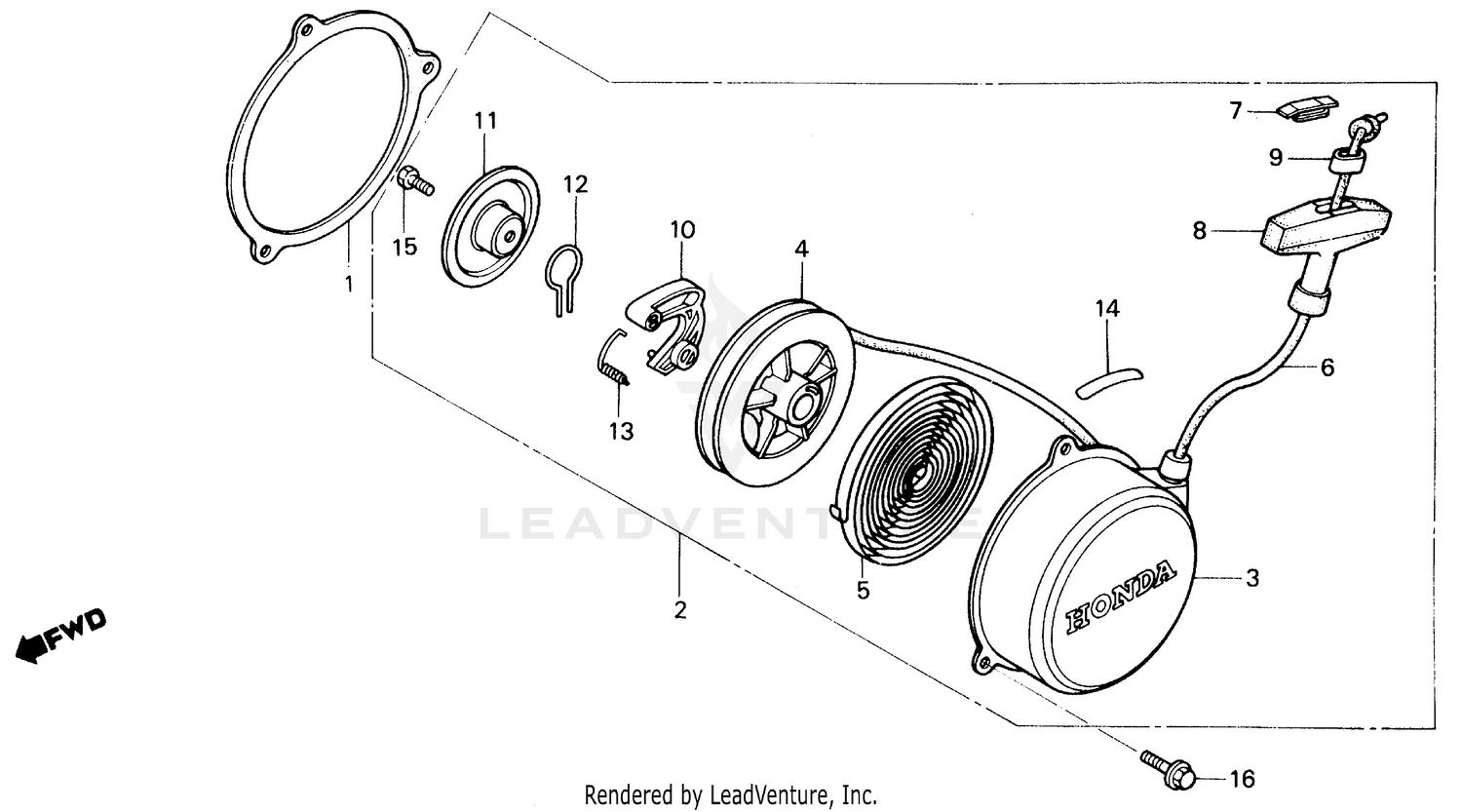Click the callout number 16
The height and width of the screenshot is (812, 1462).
pos(1242,779)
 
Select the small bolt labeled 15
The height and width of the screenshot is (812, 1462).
pos(413,182)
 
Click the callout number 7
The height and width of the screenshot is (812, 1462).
pos(1236,110)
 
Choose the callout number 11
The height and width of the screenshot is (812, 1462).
pos(485,121)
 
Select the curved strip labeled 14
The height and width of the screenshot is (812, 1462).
pos(1110,377)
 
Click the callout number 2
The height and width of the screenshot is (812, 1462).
pos(679,610)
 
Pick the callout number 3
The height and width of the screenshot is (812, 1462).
pos(1252,578)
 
